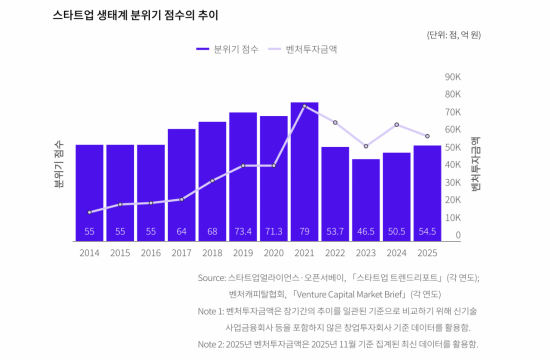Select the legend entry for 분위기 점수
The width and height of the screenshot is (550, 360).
[x=234, y=47]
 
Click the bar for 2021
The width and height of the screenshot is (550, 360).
[x=304, y=170]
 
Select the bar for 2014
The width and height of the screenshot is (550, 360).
[x=89, y=190]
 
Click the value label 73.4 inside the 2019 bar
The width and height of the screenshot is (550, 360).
[x=243, y=231]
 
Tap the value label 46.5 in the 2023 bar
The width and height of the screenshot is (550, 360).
[x=366, y=231]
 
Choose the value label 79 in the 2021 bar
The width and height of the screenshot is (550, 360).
[x=304, y=231]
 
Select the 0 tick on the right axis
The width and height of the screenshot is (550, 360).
[x=457, y=236]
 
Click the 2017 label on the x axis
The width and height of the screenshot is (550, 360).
[x=181, y=253]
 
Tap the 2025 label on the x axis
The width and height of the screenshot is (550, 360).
[x=427, y=253]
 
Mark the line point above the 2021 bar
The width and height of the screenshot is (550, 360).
[x=304, y=106]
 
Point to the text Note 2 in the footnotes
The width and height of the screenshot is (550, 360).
[x=212, y=343]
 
